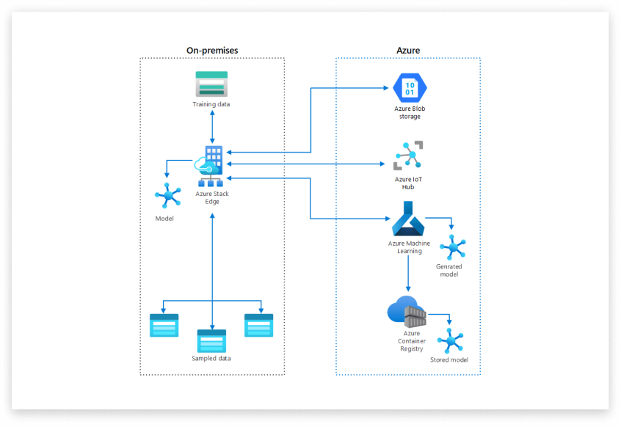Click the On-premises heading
click(212, 50)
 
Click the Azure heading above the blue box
click(408, 50)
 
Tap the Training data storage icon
click(211, 84)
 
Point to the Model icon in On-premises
click(167, 196)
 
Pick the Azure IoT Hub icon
click(408, 156)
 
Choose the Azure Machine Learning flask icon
click(408, 218)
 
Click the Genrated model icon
click(451, 247)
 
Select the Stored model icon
click(448, 340)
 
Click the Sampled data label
click(211, 358)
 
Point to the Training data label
click(211, 104)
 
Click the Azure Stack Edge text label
click(212, 197)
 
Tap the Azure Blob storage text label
click(410, 112)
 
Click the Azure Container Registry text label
click(412, 340)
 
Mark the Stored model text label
click(449, 360)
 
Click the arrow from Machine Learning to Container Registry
click(408, 274)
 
